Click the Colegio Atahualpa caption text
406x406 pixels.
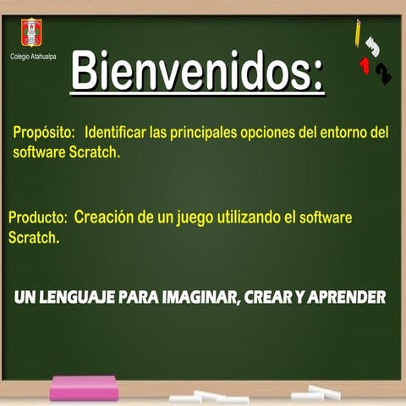tap(33, 56)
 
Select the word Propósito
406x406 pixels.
tap(45, 133)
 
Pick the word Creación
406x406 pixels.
tap(105, 217)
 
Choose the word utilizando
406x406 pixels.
tap(248, 217)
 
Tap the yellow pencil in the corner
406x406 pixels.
tap(359, 33)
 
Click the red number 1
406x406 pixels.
tap(365, 66)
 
